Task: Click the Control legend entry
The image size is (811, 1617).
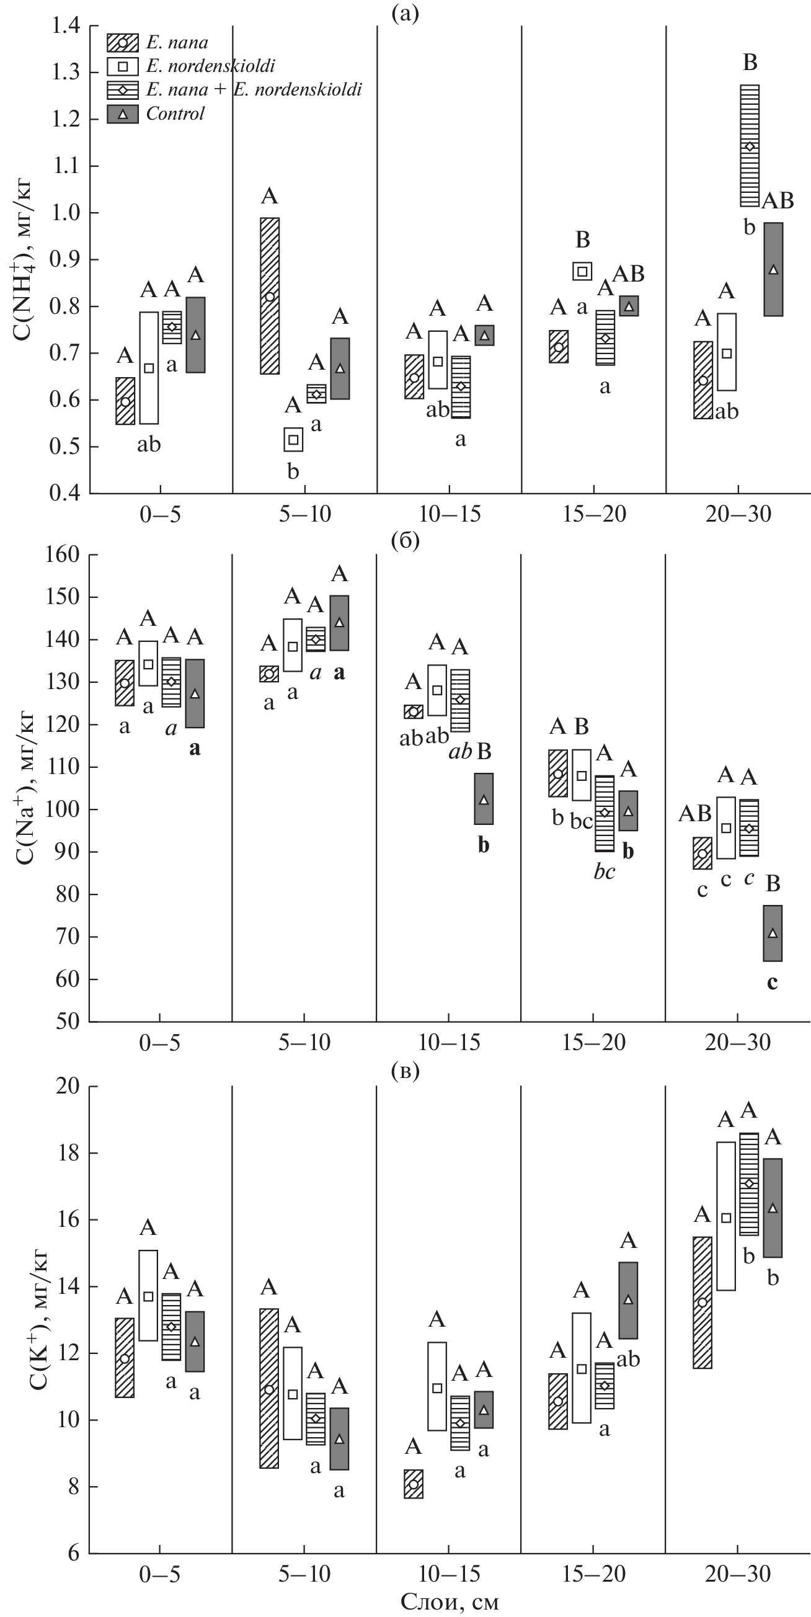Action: pos(175,114)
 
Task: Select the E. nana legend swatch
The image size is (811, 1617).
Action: pos(123,43)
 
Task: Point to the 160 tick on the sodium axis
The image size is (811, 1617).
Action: pos(62,555)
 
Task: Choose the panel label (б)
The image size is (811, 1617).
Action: pos(405,541)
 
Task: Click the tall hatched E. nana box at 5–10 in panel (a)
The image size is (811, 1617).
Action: pos(269,296)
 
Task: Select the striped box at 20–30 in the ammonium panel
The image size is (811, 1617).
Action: pos(749,146)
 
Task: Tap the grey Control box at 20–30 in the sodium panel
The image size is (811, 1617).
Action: pos(772,933)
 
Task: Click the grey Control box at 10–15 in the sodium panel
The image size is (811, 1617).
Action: pos(484,798)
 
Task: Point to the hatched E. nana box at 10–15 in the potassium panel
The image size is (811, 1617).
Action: pos(413,1484)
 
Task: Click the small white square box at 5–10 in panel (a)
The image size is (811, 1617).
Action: pos(293,439)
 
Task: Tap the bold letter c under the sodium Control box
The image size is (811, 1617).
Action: pos(772,982)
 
